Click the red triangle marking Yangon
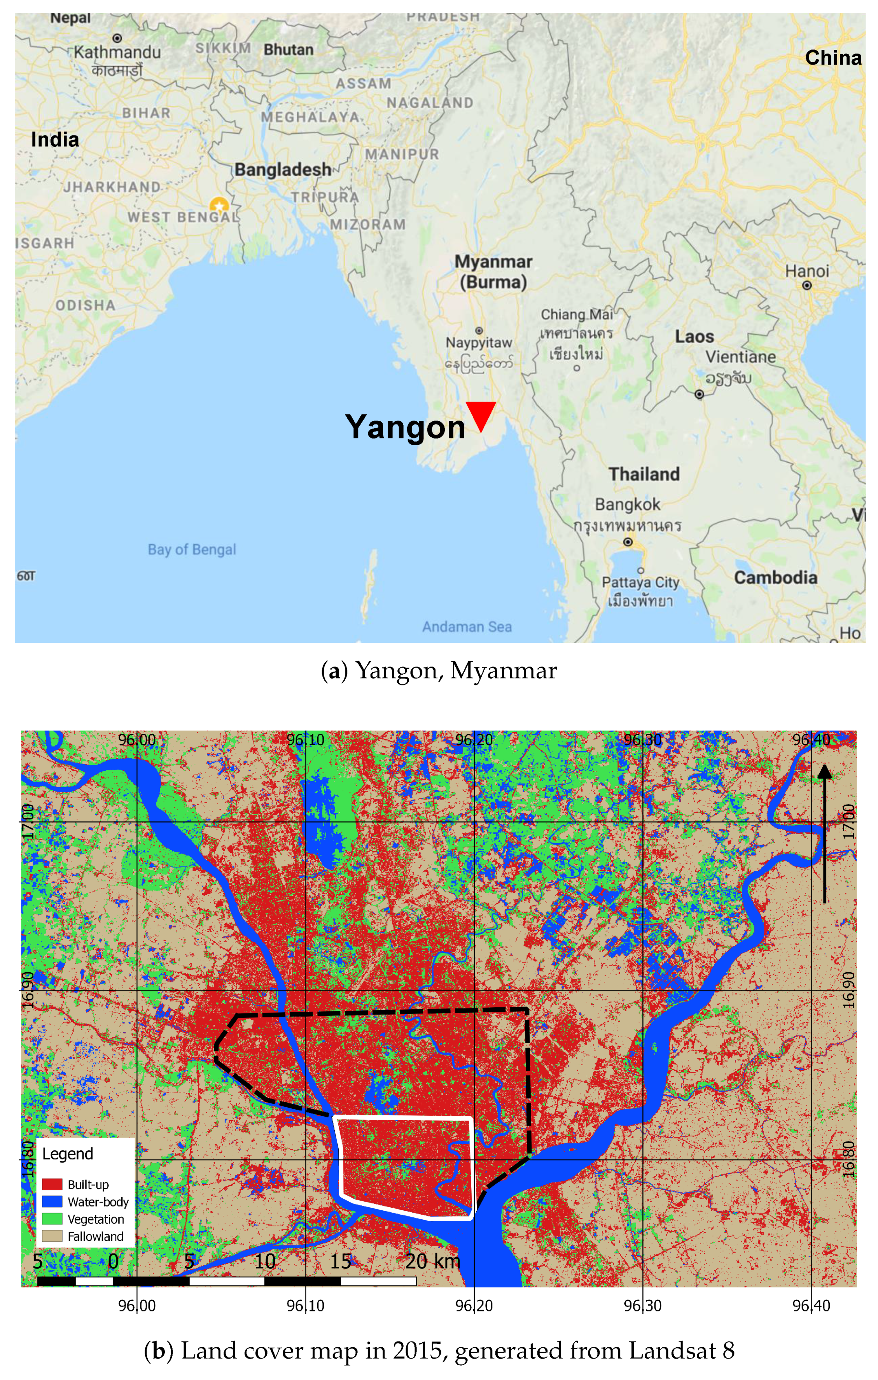[481, 414]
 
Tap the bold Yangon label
[405, 427]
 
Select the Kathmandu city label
[117, 52]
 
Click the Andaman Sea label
[467, 626]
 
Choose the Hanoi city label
[806, 271]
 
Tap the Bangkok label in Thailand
[627, 504]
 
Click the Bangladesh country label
[283, 170]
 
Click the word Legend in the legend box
[68, 1154]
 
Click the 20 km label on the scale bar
[432, 1261]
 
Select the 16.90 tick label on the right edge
[849, 990]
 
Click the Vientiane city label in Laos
[740, 357]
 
